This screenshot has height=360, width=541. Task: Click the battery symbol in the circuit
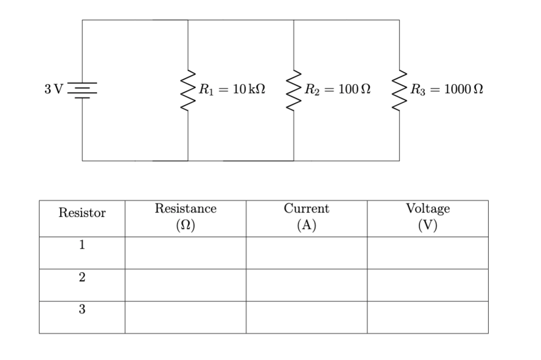[x=82, y=90]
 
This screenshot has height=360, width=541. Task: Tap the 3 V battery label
[x=53, y=89]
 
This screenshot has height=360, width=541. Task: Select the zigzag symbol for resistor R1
[x=188, y=90]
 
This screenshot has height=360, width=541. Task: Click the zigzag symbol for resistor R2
[x=293, y=90]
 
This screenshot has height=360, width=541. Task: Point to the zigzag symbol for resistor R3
[x=399, y=90]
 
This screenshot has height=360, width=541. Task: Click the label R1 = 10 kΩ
[x=231, y=89]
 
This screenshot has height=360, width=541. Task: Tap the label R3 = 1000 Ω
[x=445, y=89]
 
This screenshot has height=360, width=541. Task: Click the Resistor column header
[x=82, y=214]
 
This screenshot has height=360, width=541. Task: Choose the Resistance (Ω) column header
[x=185, y=217]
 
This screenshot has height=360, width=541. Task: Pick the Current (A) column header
[x=306, y=217]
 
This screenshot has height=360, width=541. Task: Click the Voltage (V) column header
[x=428, y=217]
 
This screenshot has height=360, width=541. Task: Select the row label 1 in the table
[x=82, y=246]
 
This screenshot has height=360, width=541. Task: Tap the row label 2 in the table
[x=82, y=277]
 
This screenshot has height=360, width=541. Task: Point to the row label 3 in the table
[x=82, y=309]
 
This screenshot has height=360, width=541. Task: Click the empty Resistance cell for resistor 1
[x=185, y=253]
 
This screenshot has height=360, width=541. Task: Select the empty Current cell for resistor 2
[x=306, y=285]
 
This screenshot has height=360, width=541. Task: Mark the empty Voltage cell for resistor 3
[x=428, y=317]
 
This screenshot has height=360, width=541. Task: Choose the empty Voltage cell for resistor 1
[x=428, y=253]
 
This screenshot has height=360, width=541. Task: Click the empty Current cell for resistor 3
[x=306, y=317]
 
